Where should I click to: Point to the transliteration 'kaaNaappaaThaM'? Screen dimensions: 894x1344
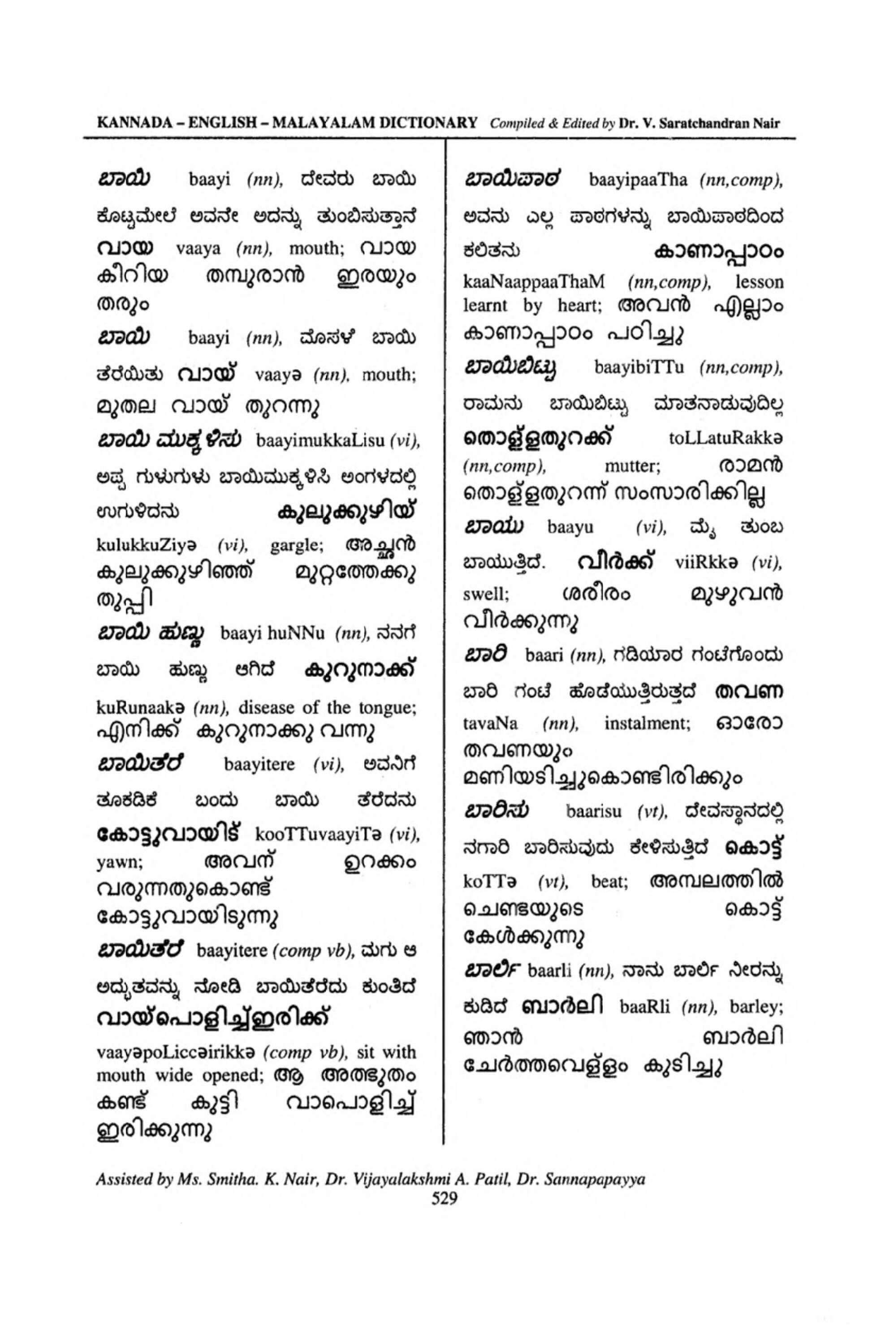(534, 281)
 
